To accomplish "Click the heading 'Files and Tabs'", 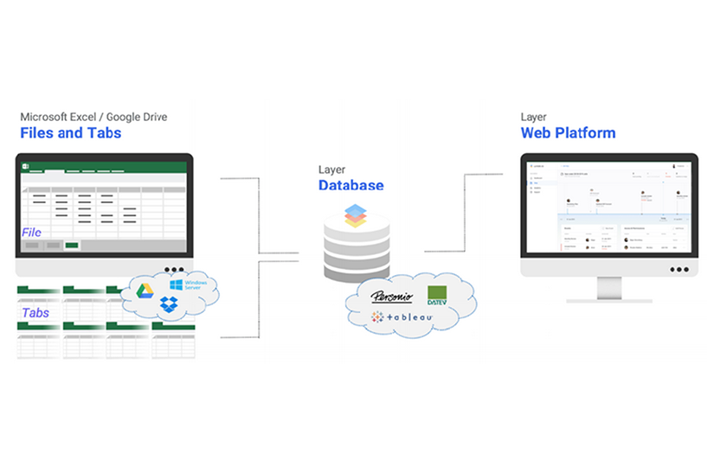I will pyautogui.click(x=71, y=133).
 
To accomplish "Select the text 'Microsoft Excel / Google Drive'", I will pyautogui.click(x=93, y=117).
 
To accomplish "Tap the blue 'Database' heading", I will pyautogui.click(x=351, y=185).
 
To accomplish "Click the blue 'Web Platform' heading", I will pyautogui.click(x=568, y=133).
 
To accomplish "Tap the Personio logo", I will pyautogui.click(x=391, y=297).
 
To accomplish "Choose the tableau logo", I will pyautogui.click(x=402, y=317).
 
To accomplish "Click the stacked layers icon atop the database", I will pyautogui.click(x=356, y=215).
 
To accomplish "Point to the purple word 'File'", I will pyautogui.click(x=32, y=232).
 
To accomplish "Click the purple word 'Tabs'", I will pyautogui.click(x=35, y=313).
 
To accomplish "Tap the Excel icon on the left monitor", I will pyautogui.click(x=26, y=165).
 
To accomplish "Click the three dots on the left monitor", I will pyautogui.click(x=174, y=269).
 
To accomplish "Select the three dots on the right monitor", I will pyautogui.click(x=679, y=269).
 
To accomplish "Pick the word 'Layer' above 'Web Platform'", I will pyautogui.click(x=533, y=117).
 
